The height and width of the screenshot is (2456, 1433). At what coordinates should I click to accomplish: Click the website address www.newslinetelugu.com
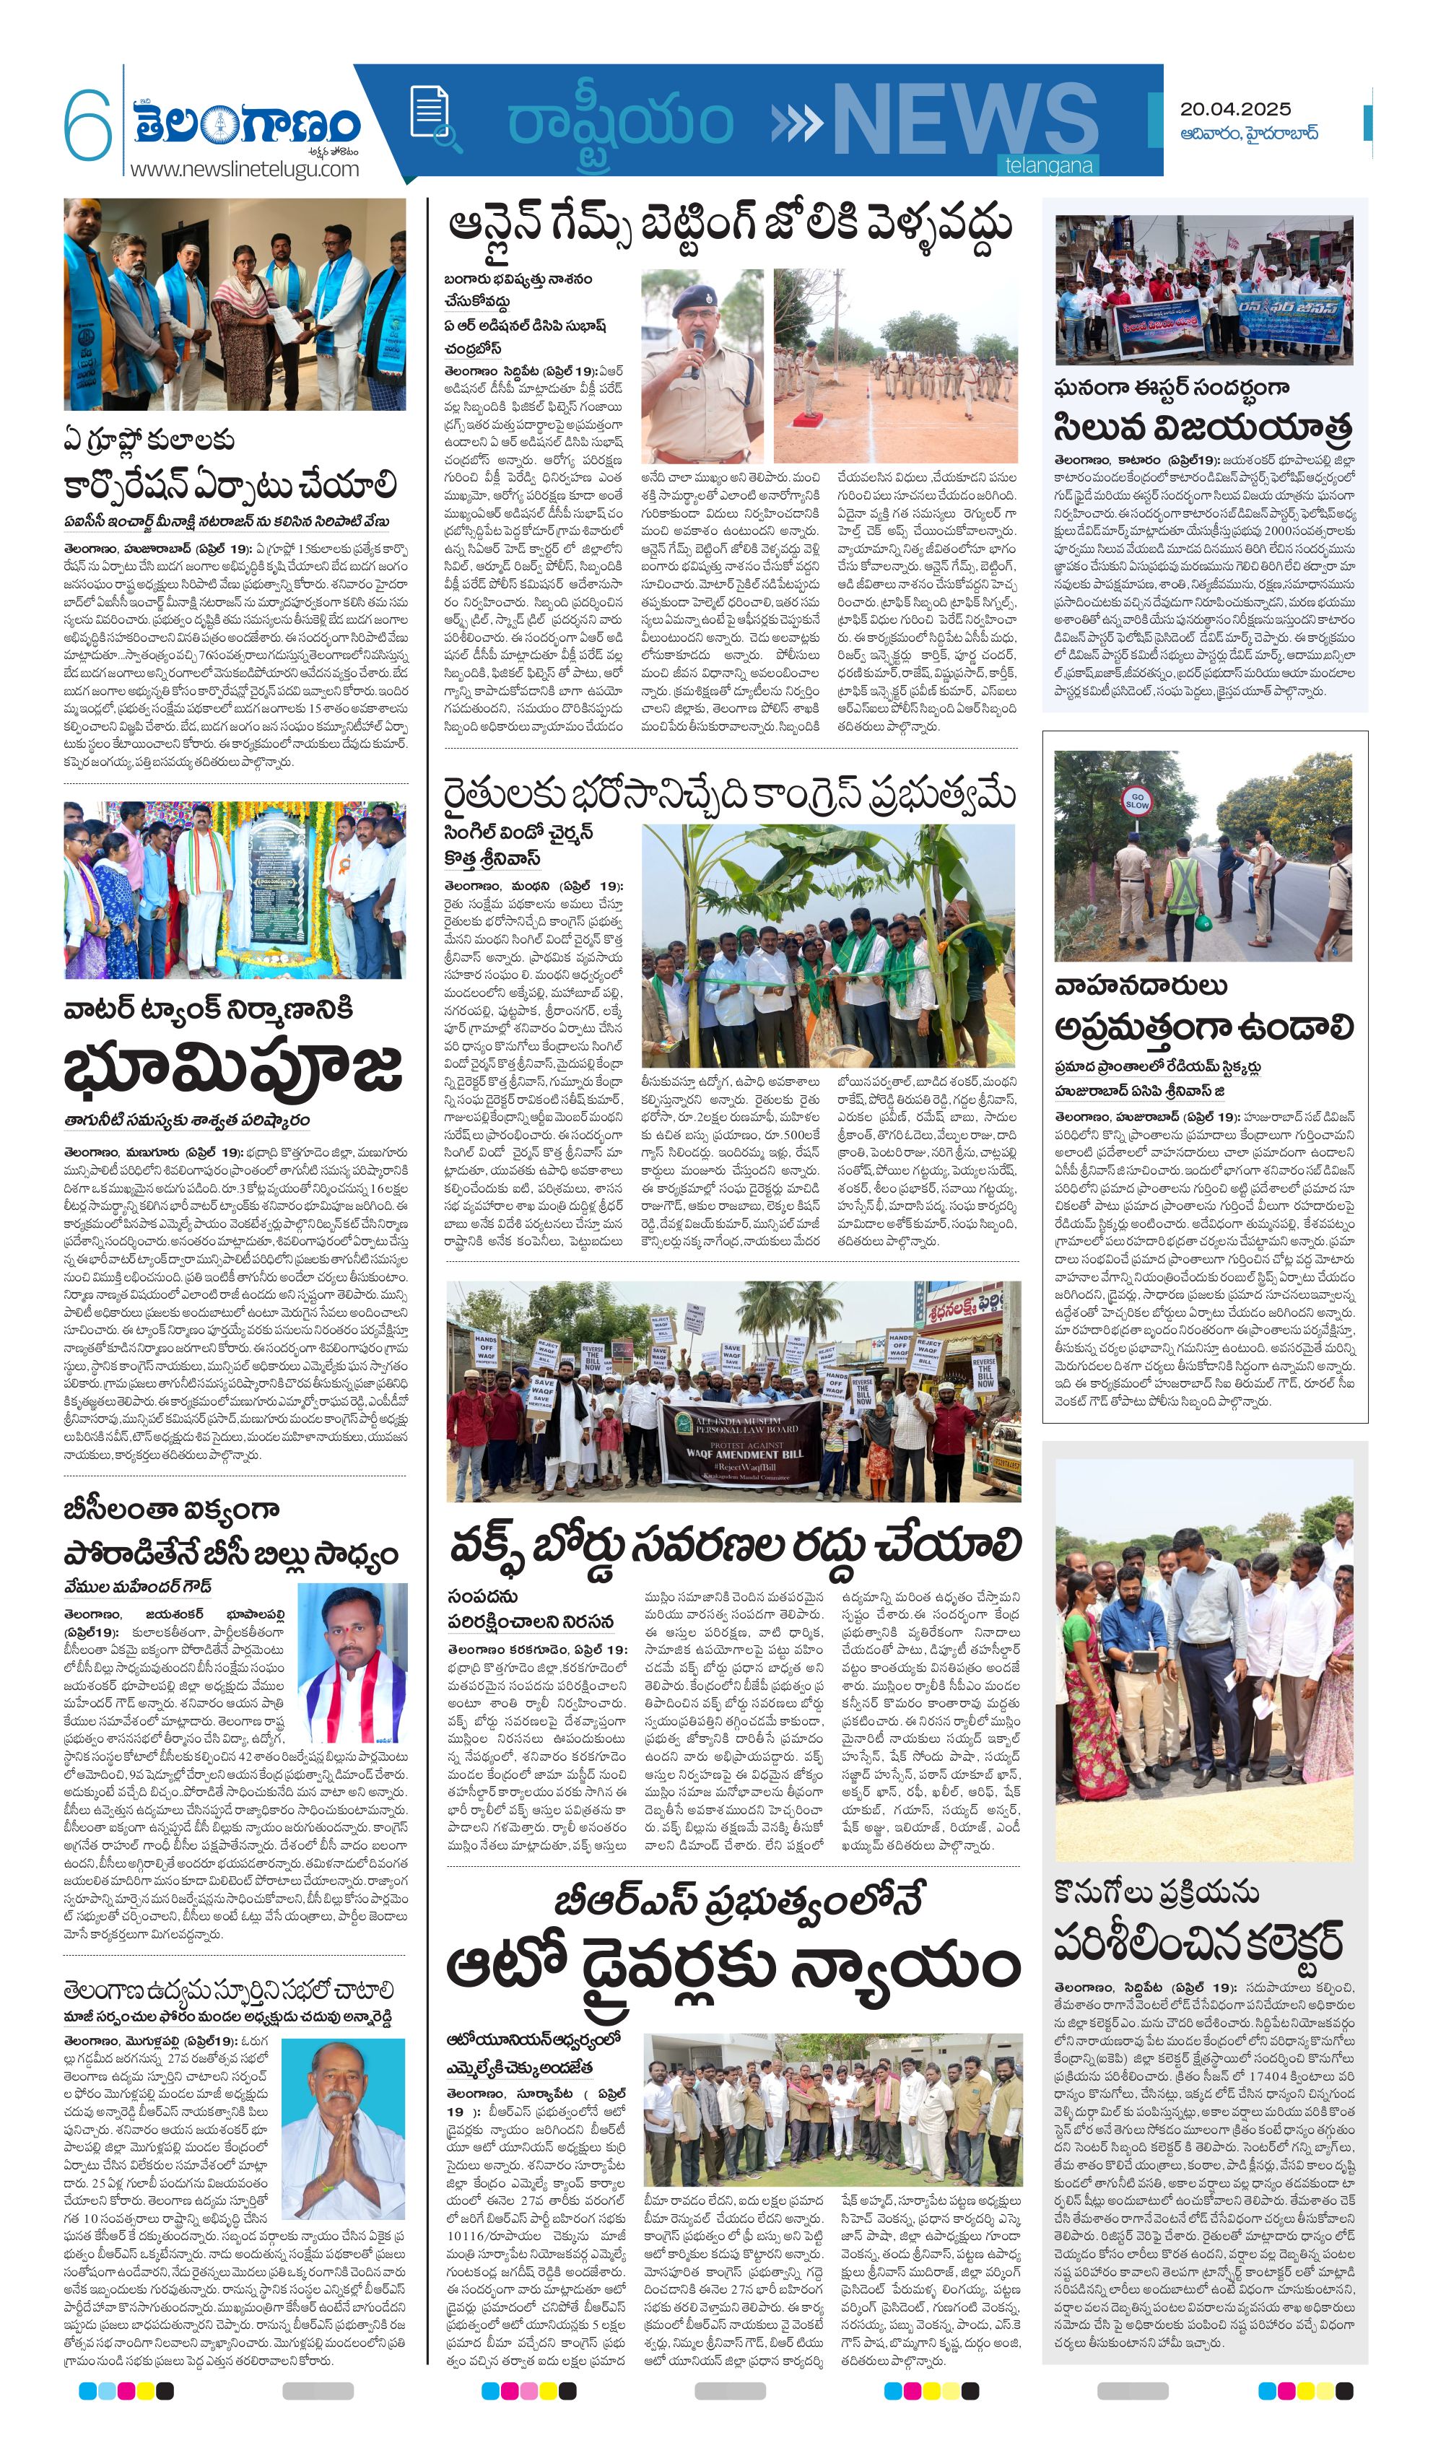[244, 169]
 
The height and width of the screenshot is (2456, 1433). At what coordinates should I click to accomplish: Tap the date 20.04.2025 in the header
[1234, 108]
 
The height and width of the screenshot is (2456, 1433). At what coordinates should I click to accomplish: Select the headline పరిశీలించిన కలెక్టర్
[1198, 1943]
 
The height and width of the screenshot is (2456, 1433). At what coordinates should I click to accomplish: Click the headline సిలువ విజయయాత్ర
[1202, 427]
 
